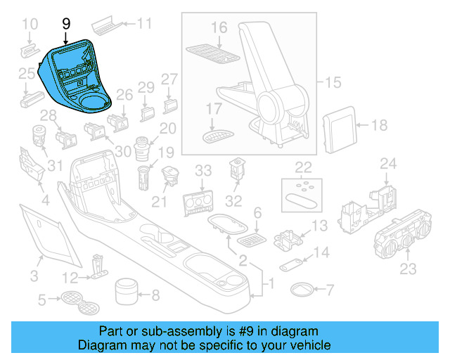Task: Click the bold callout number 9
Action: click(66, 24)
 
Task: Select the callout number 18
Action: click(379, 126)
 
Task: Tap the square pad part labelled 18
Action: click(341, 126)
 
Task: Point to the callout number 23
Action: click(407, 268)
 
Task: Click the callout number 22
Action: click(304, 167)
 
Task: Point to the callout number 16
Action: click(219, 27)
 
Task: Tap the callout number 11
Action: click(143, 23)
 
